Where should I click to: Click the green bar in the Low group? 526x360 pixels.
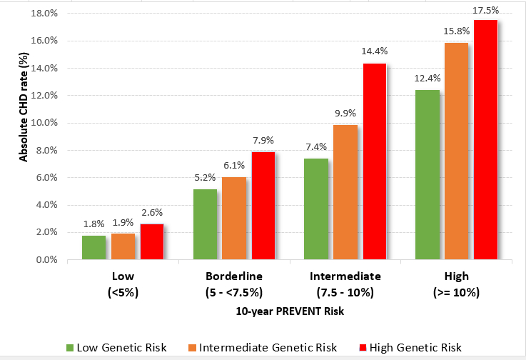point(93,247)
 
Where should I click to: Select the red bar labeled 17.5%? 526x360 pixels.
point(485,140)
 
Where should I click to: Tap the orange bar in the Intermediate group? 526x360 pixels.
point(345,192)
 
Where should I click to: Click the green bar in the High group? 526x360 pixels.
point(428,175)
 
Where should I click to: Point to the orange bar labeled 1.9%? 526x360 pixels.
point(123,246)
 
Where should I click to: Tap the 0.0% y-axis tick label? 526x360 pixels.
point(47,260)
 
